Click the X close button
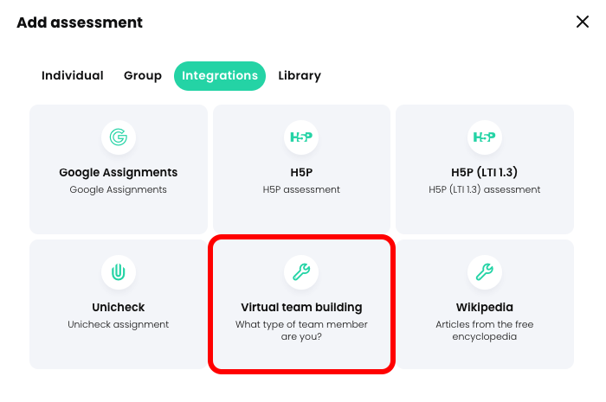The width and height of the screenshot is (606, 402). click(583, 22)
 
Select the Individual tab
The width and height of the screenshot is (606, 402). click(73, 76)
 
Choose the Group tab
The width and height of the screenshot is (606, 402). click(143, 76)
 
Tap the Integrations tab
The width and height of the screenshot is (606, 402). click(220, 76)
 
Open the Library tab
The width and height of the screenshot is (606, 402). click(300, 76)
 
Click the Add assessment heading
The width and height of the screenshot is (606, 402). click(80, 22)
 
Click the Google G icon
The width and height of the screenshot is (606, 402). click(119, 137)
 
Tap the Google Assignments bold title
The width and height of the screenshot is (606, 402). click(119, 172)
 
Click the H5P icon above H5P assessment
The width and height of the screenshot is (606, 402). click(301, 137)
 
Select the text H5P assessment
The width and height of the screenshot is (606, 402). click(301, 189)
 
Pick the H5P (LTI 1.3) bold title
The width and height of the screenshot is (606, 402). click(485, 172)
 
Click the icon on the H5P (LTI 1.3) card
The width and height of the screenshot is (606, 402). click(485, 137)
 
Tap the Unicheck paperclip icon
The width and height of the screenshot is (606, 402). click(119, 272)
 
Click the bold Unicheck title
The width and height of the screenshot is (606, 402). click(119, 307)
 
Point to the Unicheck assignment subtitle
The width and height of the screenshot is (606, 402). click(119, 324)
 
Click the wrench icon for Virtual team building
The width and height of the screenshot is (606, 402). click(301, 272)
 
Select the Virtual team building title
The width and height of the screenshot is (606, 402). click(301, 307)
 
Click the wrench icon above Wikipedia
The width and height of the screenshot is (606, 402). click(485, 272)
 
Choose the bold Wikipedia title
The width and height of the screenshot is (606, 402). click(485, 307)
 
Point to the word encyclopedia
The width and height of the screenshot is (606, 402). click(485, 336)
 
